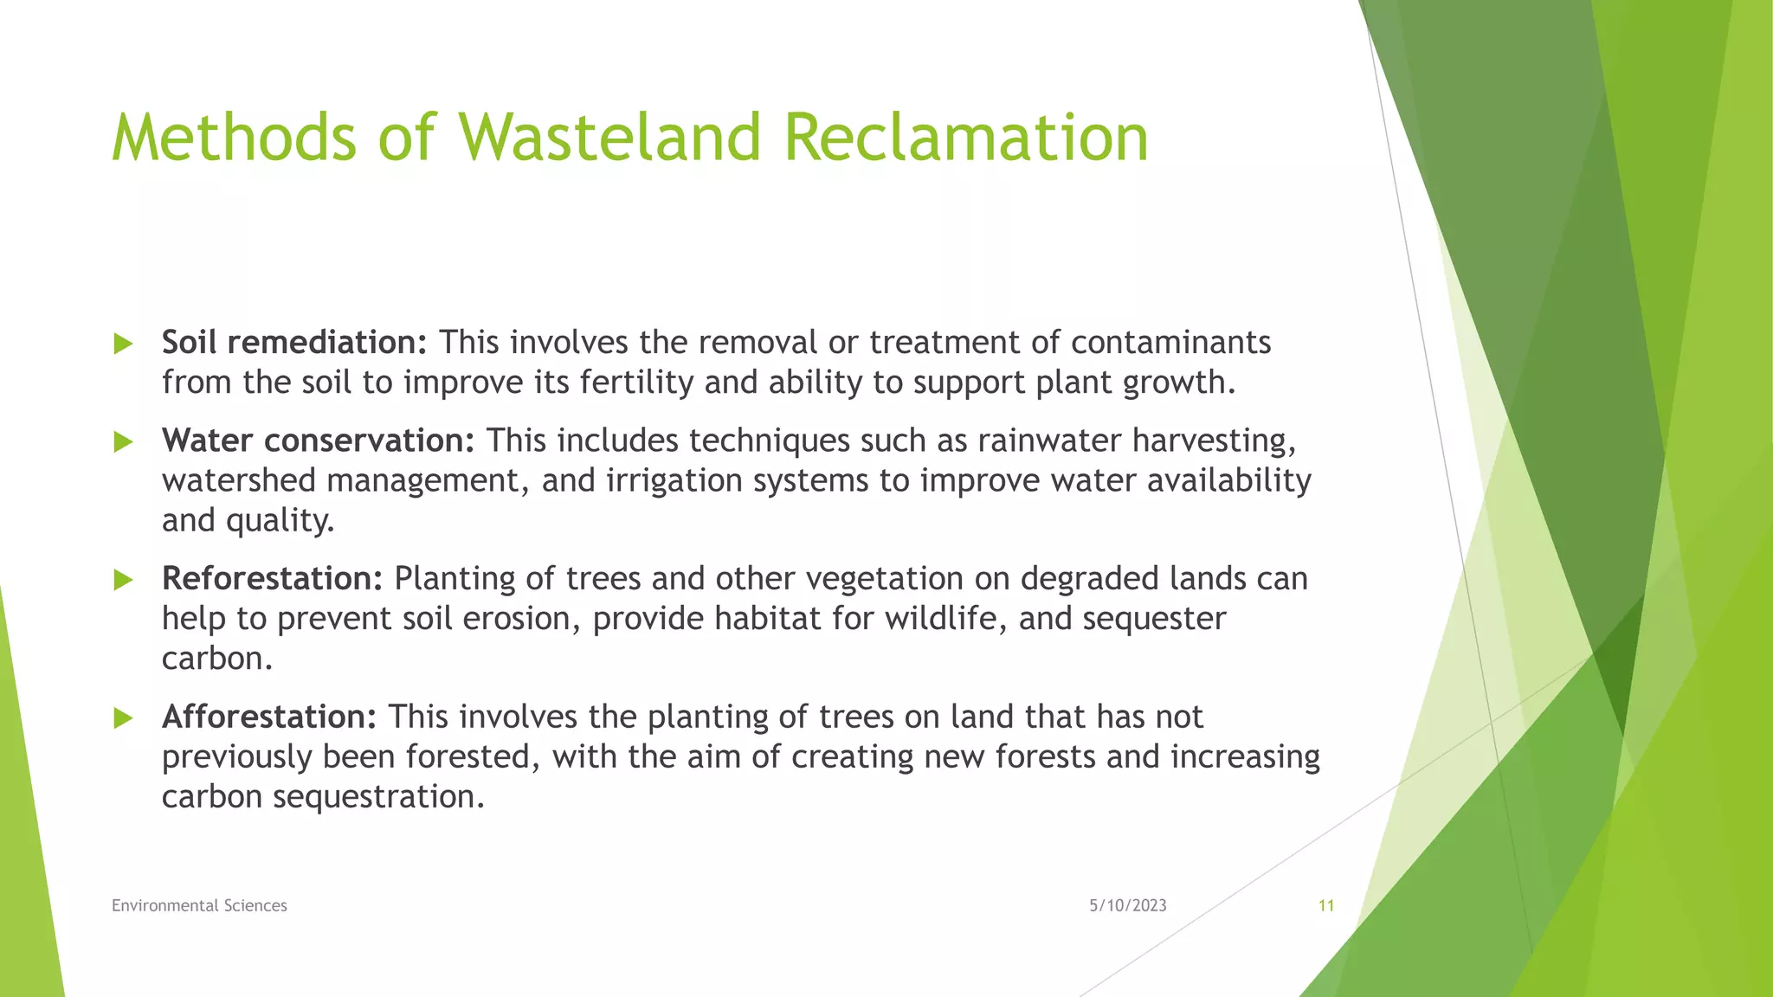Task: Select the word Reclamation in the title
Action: [x=965, y=138]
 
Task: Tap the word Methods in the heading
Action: [x=234, y=138]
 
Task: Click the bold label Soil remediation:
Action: [x=294, y=343]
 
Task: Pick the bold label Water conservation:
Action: [x=318, y=441]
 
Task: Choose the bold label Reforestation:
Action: [x=272, y=578]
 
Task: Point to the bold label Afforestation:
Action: [x=269, y=717]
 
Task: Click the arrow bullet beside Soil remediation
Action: [x=123, y=344]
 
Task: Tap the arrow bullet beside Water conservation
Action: [x=123, y=442]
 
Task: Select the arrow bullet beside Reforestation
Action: [x=123, y=580]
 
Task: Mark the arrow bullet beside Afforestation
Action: [x=123, y=718]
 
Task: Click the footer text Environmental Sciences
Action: [x=199, y=905]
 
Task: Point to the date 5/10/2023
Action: [x=1127, y=905]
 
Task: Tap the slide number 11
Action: [x=1325, y=905]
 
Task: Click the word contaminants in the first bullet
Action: [x=1170, y=343]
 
